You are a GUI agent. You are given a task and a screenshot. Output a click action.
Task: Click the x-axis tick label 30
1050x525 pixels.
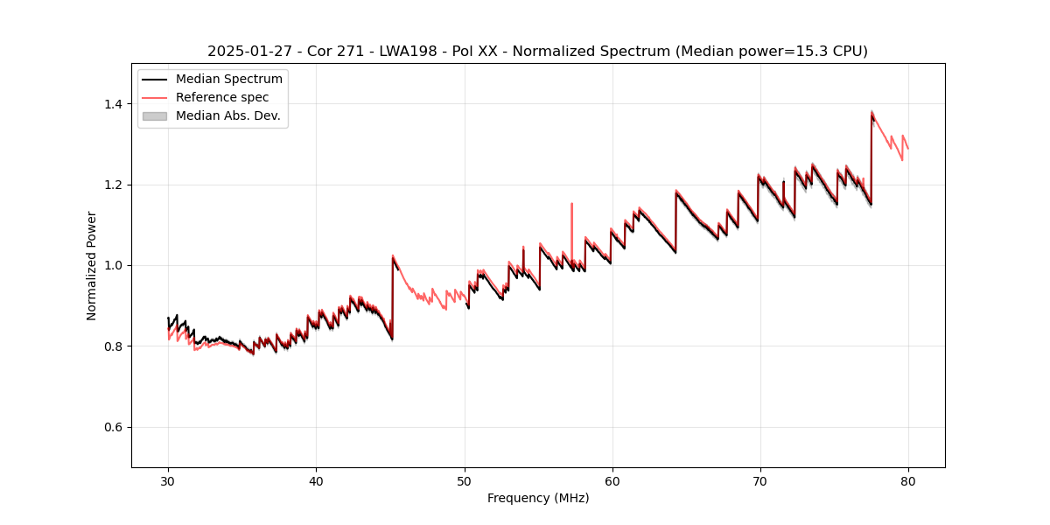168,481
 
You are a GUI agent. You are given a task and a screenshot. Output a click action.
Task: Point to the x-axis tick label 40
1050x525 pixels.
316,481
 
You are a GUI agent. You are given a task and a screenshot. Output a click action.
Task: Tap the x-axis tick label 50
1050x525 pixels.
464,481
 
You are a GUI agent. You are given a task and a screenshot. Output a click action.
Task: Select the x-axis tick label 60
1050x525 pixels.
612,481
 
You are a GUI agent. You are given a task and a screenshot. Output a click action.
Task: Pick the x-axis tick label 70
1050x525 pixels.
759,481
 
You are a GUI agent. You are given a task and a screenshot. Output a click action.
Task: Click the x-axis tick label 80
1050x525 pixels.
907,481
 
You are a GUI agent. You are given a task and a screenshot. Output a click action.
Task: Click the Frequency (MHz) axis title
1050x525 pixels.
538,498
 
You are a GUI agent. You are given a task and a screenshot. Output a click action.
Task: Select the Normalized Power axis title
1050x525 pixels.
92,265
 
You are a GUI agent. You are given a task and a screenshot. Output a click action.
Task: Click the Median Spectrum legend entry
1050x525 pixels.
228,80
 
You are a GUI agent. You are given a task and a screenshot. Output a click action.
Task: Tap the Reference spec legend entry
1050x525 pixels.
222,97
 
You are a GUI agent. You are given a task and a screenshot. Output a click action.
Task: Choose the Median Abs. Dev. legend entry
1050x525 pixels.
227,115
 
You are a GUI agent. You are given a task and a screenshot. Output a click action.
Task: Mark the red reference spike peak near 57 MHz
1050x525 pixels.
571,204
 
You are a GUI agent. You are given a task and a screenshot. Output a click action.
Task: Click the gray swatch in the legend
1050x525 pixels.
155,115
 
